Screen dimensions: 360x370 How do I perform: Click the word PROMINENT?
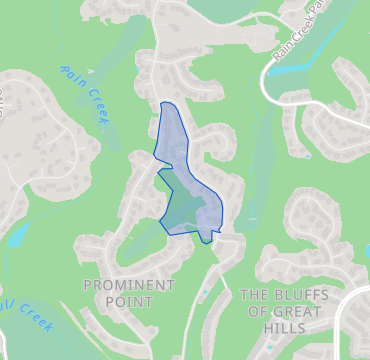pos(128,285)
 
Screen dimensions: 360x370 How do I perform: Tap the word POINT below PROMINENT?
pos(128,301)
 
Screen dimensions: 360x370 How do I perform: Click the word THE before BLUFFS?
pos(255,295)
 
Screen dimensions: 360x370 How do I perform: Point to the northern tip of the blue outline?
pos(165,103)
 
